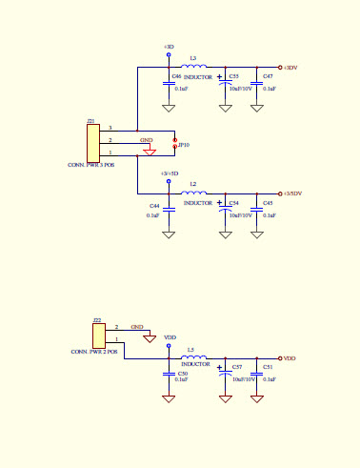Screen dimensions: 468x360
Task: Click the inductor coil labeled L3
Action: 195,68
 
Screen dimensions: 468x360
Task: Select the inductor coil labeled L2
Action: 195,193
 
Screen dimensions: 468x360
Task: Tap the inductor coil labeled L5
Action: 195,358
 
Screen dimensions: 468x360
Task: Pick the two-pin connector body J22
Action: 97,336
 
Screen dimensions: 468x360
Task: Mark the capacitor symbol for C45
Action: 256,209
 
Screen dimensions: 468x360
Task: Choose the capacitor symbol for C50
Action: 169,374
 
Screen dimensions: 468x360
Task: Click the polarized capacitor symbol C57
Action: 226,374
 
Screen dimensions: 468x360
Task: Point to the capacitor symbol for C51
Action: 256,374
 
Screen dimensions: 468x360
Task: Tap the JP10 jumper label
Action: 184,145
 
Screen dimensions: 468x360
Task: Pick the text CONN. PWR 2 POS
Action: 94,352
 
